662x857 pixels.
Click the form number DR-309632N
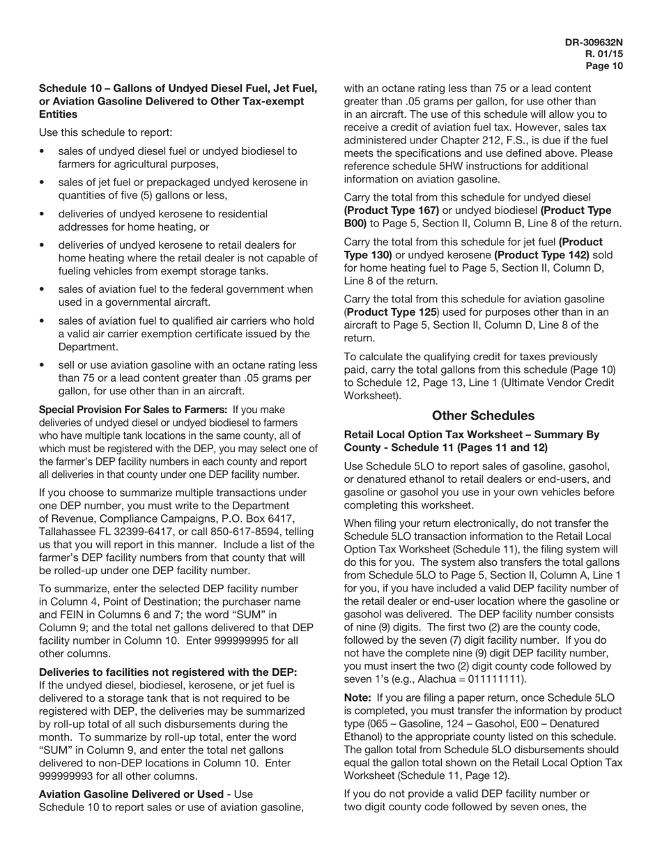coord(594,43)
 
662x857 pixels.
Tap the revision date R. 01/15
coord(604,54)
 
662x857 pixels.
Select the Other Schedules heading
coord(483,416)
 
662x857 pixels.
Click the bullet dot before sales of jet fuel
coord(43,183)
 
